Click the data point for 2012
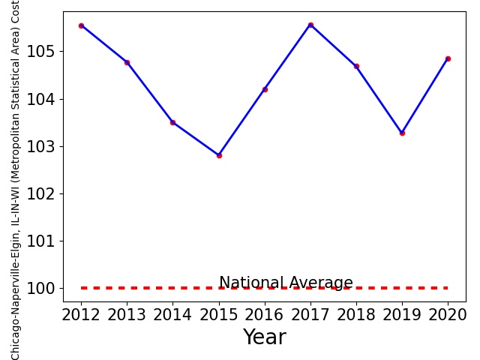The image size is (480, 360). [x=81, y=26]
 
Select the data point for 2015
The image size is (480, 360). [x=219, y=155]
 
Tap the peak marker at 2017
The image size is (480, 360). [x=310, y=25]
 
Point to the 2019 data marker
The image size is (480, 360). [x=402, y=133]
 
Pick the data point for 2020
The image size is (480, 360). [x=448, y=58]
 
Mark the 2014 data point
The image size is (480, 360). [x=173, y=122]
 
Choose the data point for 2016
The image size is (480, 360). [x=265, y=90]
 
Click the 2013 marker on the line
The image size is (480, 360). [x=127, y=63]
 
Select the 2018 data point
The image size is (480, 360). [x=357, y=67]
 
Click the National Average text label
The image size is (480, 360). [x=286, y=283]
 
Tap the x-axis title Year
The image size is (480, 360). [x=265, y=337]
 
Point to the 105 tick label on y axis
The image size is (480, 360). [x=40, y=52]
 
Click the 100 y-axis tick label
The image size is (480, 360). [x=40, y=288]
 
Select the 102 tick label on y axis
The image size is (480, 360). [x=40, y=193]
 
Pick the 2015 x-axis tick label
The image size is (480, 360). [x=218, y=315]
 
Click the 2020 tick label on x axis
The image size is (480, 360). [x=448, y=315]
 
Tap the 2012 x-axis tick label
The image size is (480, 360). [x=81, y=315]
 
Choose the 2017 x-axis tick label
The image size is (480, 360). [x=310, y=315]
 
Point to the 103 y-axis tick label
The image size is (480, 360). [x=40, y=147]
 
